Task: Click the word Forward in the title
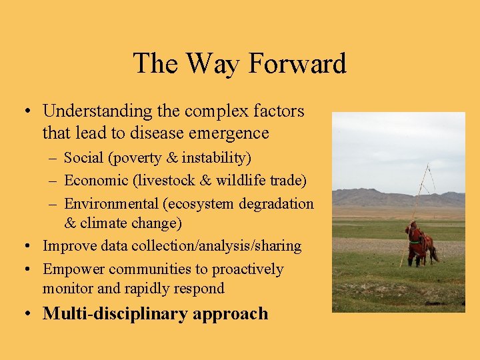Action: pos(297,64)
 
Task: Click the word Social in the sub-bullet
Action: pos(83,158)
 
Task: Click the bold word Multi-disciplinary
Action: pos(116,314)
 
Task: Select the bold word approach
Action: pos(231,314)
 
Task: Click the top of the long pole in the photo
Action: pos(427,165)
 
